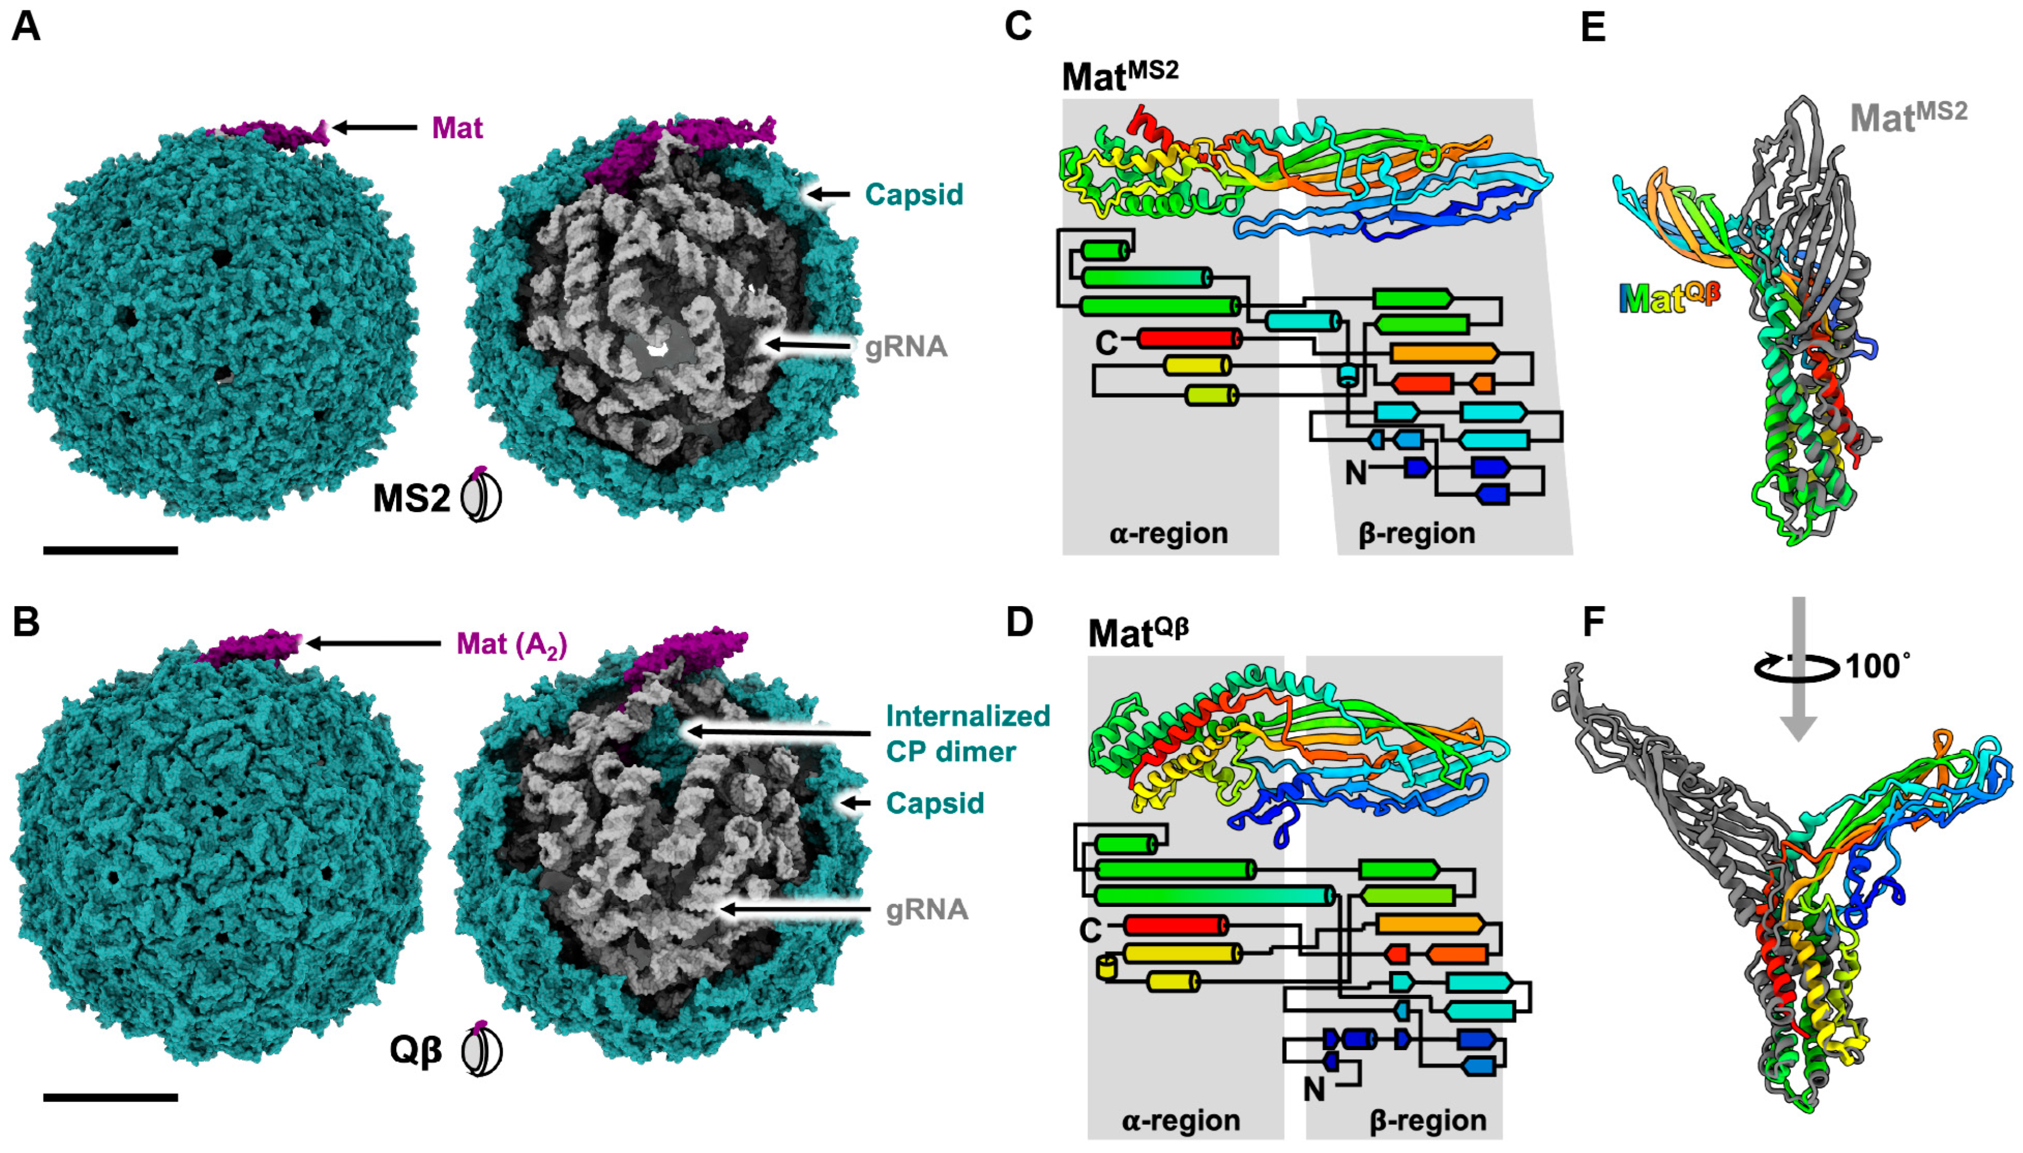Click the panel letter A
26,27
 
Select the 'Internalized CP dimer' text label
968,733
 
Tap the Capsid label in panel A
914,194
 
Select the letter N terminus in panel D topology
1314,1090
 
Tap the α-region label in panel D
1180,1120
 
